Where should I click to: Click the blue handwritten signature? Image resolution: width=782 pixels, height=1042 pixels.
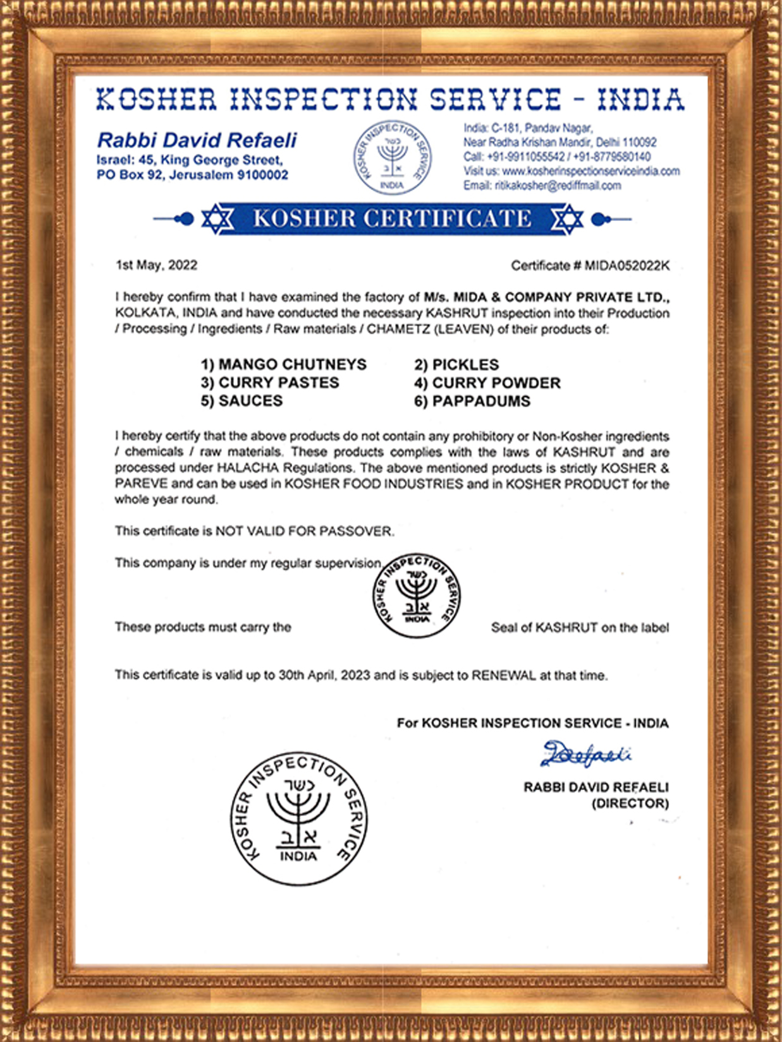point(585,754)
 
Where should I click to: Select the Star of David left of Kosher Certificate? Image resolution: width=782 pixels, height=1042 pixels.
point(217,219)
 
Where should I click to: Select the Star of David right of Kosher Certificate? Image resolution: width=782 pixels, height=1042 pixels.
point(567,219)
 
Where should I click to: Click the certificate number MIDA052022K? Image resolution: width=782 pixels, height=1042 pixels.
point(626,266)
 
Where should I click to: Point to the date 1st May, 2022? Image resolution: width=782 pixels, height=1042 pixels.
point(156,265)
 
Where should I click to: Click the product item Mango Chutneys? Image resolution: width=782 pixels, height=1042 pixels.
point(284,364)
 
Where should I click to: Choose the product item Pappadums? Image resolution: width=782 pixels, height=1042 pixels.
point(472,401)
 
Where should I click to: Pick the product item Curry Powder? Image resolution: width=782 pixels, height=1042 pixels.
point(487,383)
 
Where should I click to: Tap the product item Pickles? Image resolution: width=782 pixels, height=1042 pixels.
point(456,364)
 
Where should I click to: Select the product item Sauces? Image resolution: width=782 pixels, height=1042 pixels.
point(242,401)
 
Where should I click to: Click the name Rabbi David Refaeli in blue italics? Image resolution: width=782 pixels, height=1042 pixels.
point(197,140)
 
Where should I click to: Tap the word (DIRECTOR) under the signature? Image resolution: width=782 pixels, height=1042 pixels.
point(630,803)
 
